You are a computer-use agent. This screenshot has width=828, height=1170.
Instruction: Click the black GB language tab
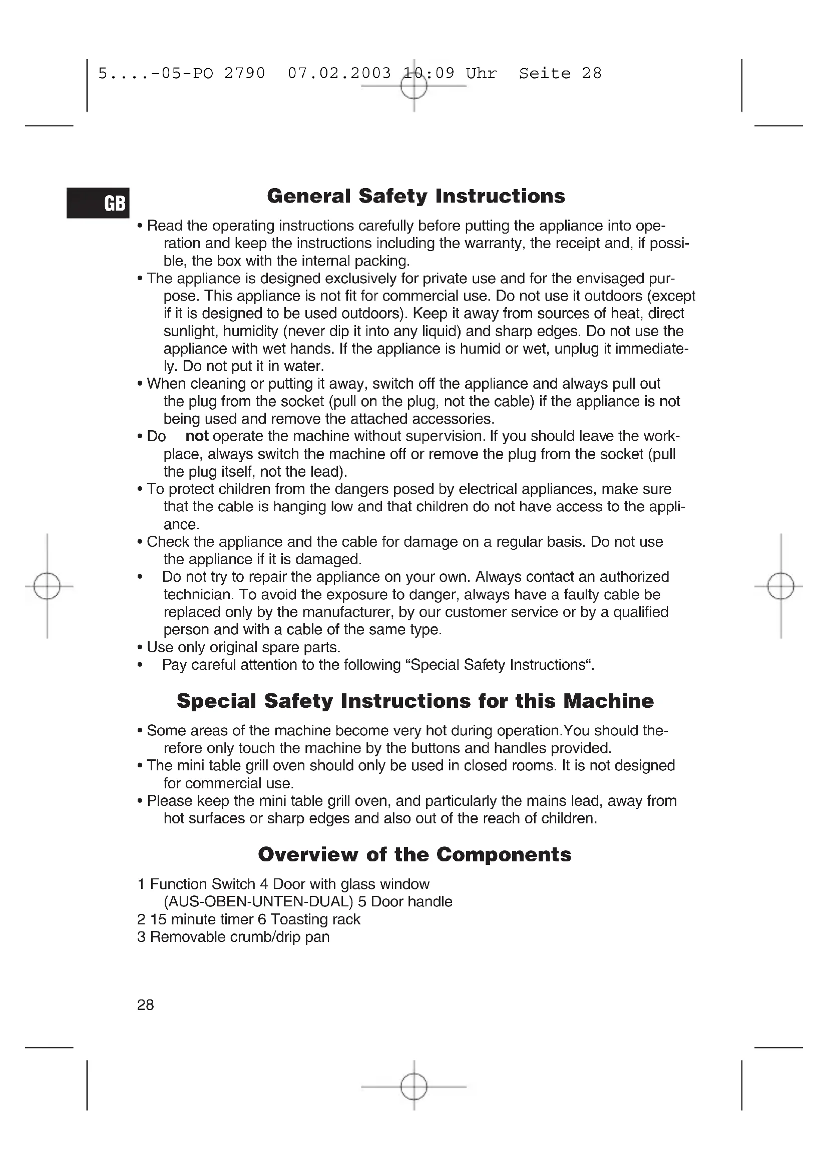tap(98, 203)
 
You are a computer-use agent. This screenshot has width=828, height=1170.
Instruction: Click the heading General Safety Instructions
tap(416, 196)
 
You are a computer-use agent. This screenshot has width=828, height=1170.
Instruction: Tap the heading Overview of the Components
tap(415, 854)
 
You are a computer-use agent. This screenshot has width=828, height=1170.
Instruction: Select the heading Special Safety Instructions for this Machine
tap(415, 701)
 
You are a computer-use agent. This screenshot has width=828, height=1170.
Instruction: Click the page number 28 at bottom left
tap(145, 1005)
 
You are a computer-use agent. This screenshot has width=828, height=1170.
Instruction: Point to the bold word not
tap(197, 436)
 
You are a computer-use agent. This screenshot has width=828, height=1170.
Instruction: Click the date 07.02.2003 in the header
tap(339, 74)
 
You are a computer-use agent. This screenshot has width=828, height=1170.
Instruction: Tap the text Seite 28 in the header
tap(560, 74)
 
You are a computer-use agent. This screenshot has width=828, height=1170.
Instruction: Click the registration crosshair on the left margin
tap(47, 587)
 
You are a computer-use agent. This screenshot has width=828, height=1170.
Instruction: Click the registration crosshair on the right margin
tap(780, 587)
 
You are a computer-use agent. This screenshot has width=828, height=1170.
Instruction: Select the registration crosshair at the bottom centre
tap(413, 1086)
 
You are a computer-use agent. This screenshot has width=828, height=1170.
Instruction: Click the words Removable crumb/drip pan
tap(240, 936)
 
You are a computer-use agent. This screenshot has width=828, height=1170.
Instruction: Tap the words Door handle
tap(411, 901)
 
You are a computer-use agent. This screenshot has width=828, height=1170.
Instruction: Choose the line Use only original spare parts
tap(243, 647)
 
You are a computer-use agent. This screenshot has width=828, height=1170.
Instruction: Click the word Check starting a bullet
tap(168, 542)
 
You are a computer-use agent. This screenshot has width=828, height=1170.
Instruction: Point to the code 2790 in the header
tap(245, 74)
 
